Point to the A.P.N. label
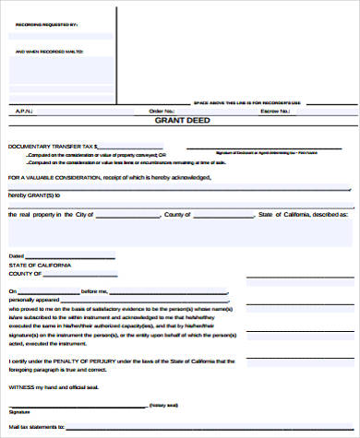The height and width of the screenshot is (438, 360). pyautogui.click(x=23, y=111)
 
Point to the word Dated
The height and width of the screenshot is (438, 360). pyautogui.click(x=17, y=255)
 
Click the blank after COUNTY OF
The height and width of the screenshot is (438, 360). pyautogui.click(x=92, y=274)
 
